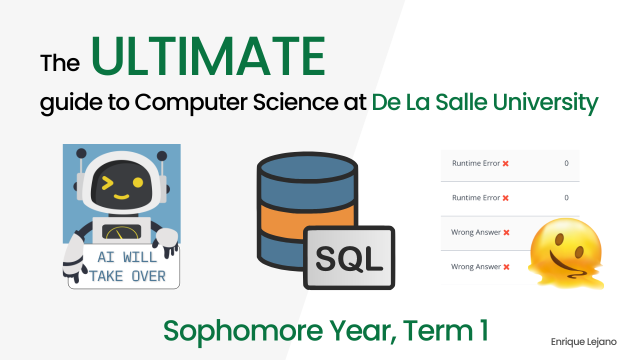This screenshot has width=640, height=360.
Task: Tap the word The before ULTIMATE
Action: pyautogui.click(x=60, y=63)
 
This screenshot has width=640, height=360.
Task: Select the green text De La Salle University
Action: pyautogui.click(x=484, y=102)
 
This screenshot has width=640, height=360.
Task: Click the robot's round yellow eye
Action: pyautogui.click(x=137, y=183)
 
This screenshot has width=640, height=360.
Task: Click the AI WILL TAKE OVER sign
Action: pyautogui.click(x=127, y=267)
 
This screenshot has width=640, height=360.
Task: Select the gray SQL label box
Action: pyautogui.click(x=349, y=257)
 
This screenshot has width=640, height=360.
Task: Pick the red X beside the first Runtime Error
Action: pyautogui.click(x=505, y=163)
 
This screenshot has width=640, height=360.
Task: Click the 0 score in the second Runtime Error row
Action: pyautogui.click(x=566, y=197)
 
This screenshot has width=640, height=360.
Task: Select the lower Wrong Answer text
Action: pyautogui.click(x=475, y=266)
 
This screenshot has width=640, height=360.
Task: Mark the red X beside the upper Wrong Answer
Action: pyautogui.click(x=506, y=232)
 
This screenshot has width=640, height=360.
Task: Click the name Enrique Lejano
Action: pyautogui.click(x=583, y=342)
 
